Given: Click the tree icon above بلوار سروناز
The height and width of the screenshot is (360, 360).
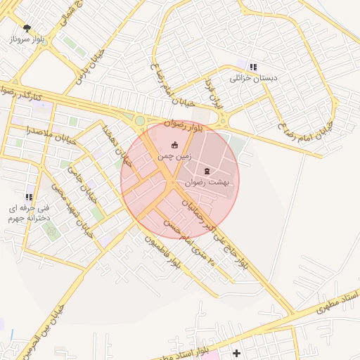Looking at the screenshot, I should click(x=27, y=28).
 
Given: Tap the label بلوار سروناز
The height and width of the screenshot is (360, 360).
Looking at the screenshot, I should click(x=27, y=40).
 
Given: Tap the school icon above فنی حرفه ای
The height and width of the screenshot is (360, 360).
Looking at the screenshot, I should click(x=29, y=198).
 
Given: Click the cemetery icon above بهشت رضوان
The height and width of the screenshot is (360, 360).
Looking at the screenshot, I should click(x=207, y=171).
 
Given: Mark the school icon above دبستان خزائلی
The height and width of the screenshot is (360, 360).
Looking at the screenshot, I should click(x=253, y=67).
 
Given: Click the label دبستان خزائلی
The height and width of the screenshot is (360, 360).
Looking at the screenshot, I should click(x=254, y=78).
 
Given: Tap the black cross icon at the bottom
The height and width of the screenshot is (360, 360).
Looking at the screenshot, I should click(x=236, y=352).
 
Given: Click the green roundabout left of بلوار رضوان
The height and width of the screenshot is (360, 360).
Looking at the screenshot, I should click(x=140, y=121).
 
